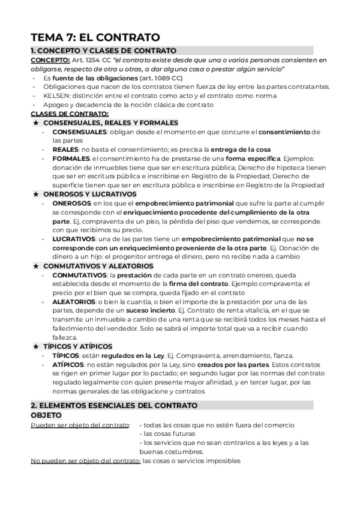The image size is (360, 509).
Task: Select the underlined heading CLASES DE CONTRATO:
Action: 70,113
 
